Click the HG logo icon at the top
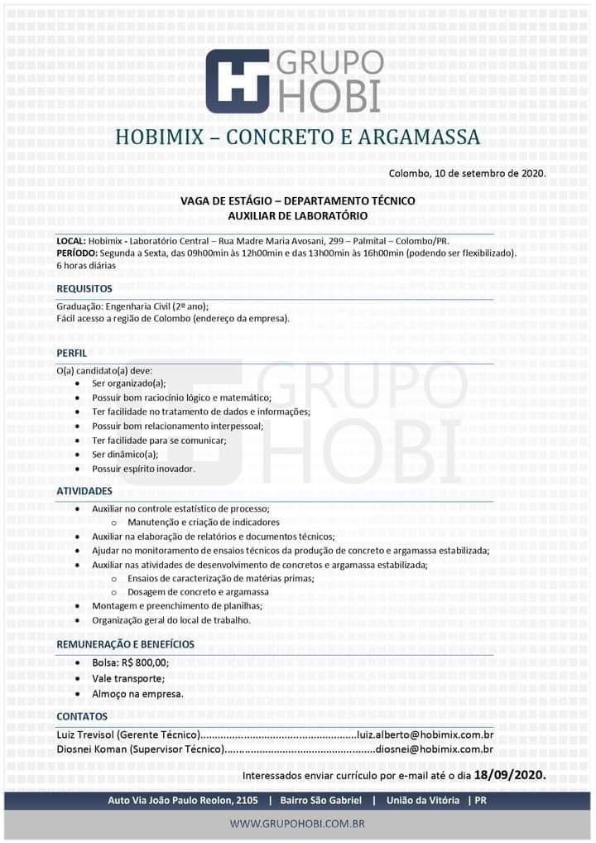coord(238,80)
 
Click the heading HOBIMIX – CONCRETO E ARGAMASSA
coord(297,137)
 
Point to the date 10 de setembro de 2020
coord(489,173)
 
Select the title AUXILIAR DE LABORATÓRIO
coord(297,215)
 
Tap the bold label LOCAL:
coord(70,240)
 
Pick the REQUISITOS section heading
coord(84,289)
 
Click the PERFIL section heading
coord(71,353)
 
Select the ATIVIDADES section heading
coord(84,491)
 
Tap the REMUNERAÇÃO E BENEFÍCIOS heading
coord(125,644)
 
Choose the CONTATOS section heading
coord(82,715)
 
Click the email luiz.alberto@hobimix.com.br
coord(425,735)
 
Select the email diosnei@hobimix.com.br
coord(435,749)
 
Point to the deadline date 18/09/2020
coord(510,776)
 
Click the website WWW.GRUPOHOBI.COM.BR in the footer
coord(297,824)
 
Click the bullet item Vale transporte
coord(128,678)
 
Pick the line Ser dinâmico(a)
coord(125,455)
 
